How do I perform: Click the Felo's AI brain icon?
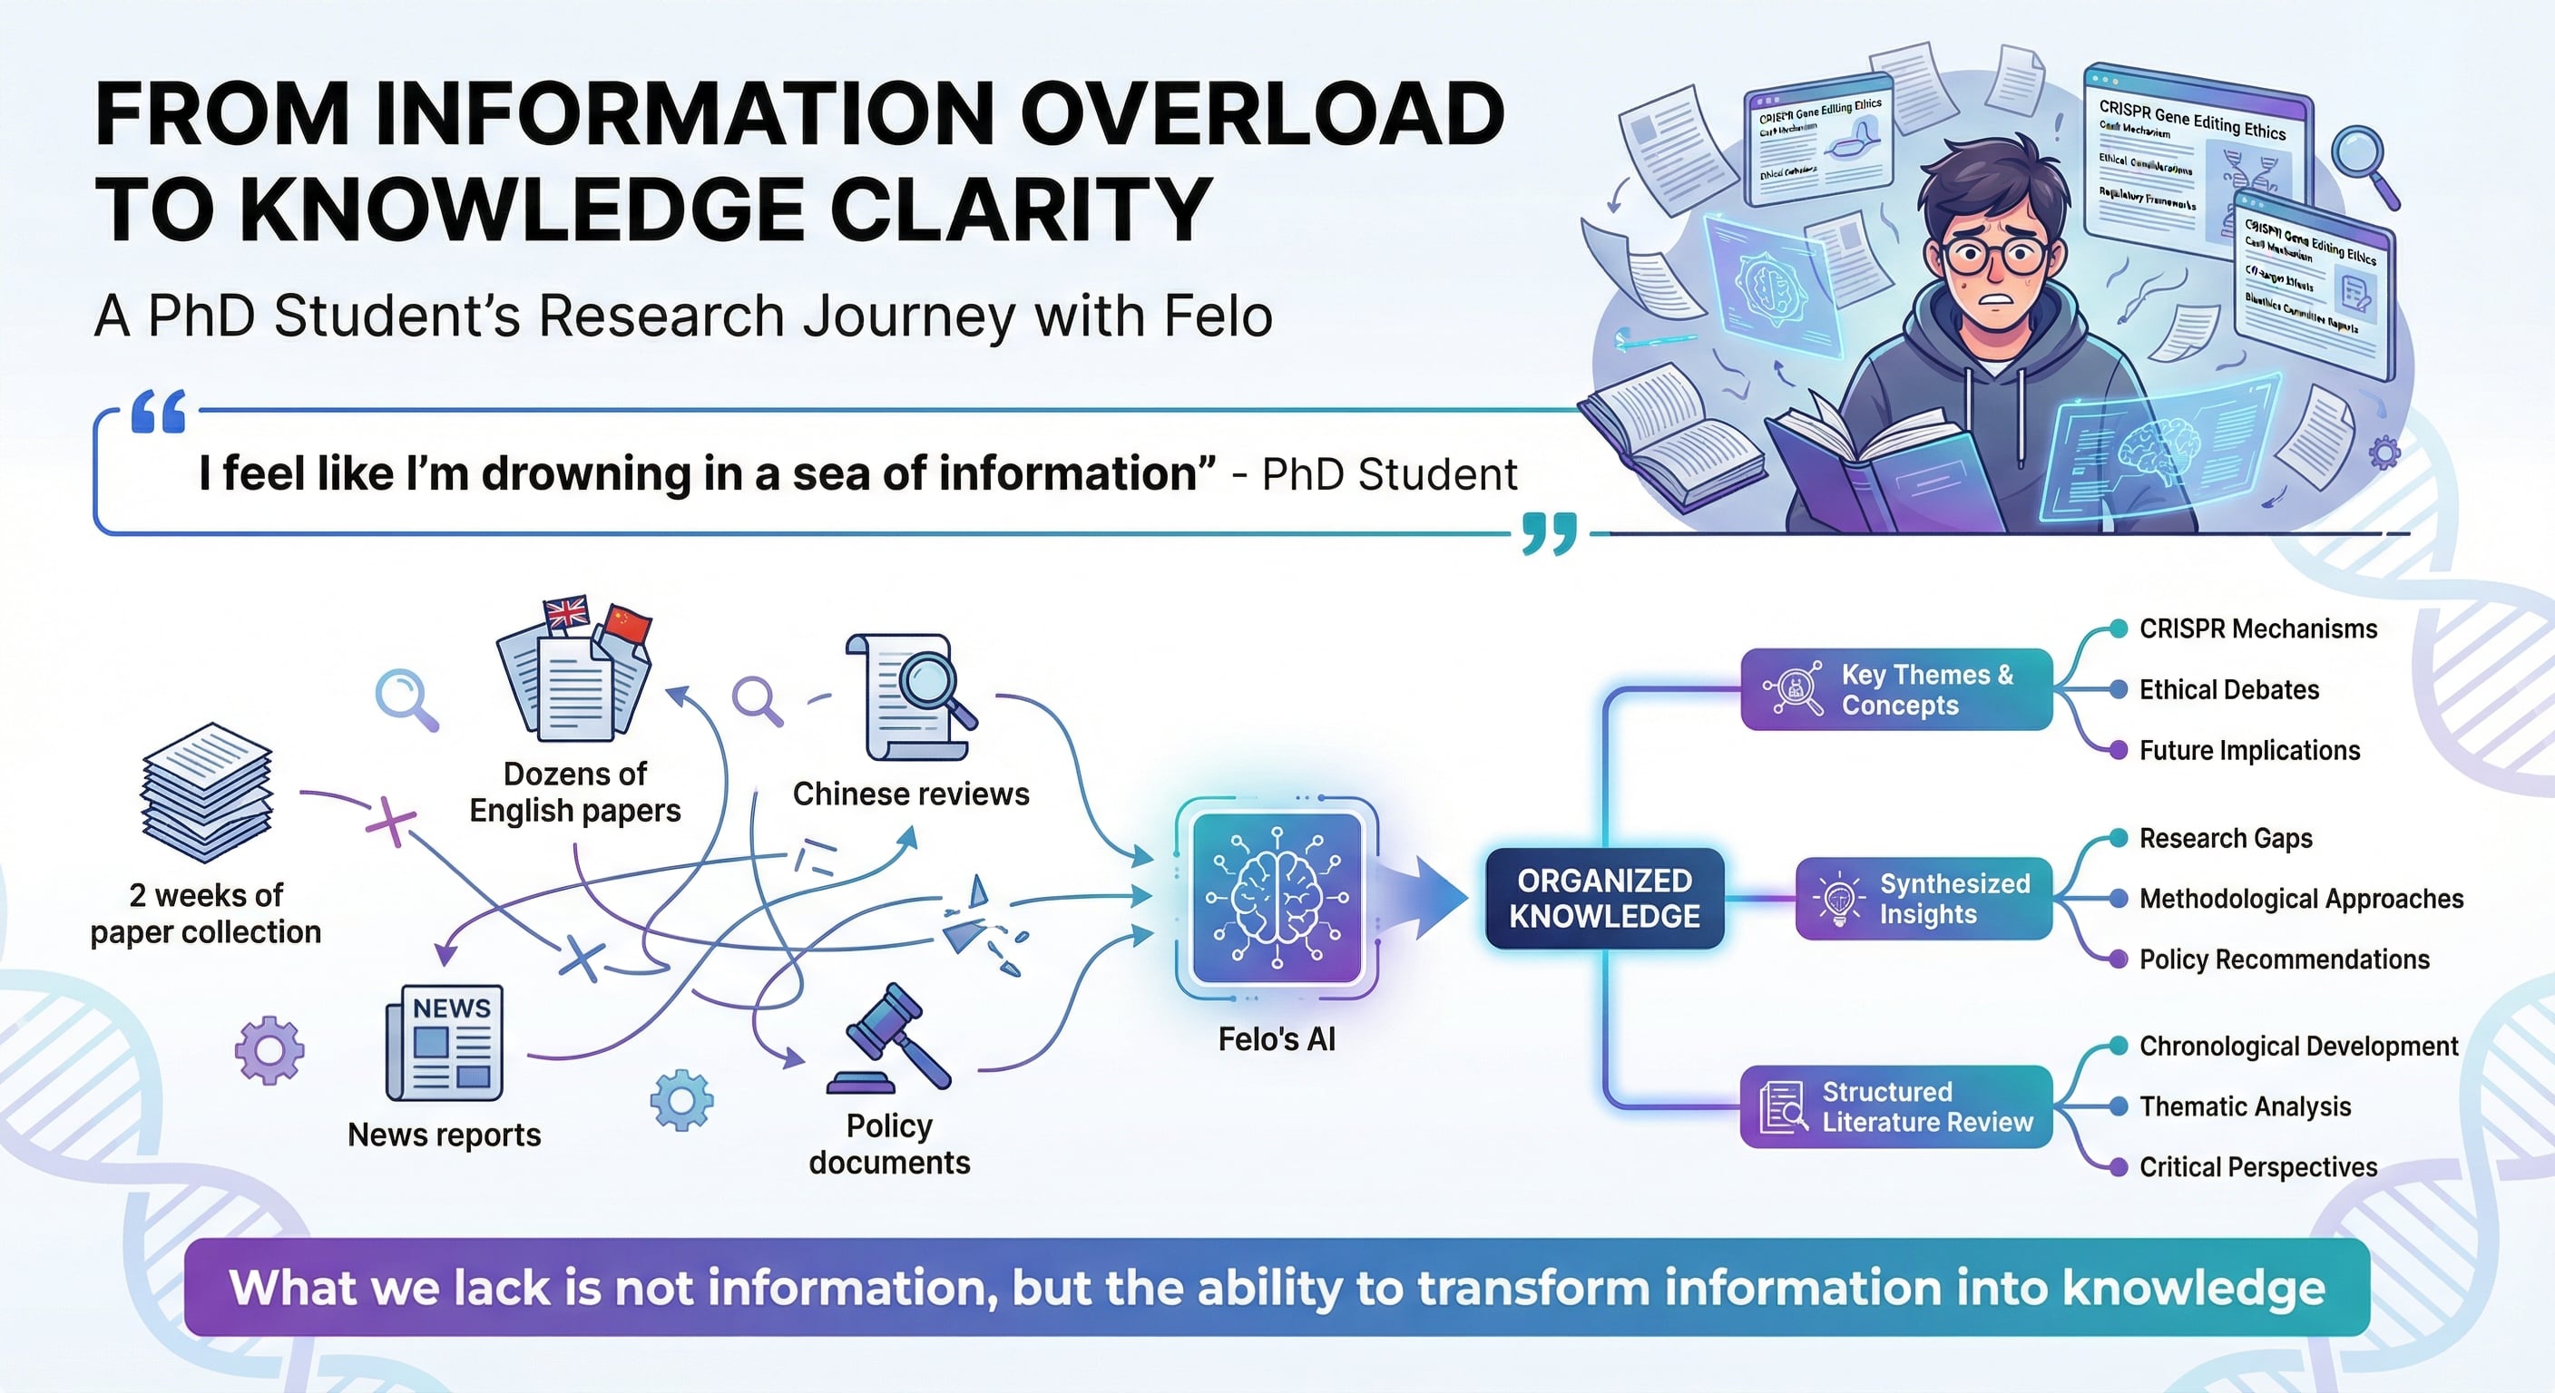pos(1277,897)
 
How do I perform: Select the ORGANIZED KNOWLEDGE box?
pos(1604,898)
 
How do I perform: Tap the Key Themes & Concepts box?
pos(1895,690)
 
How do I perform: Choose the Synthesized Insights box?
pos(1924,898)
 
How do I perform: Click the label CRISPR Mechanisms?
pos(2257,628)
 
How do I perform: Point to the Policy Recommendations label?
pos(2283,960)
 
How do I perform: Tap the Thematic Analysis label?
pos(2245,1106)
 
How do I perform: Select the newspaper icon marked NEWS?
pos(445,1043)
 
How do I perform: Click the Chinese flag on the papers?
pos(627,625)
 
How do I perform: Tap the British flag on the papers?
pos(567,613)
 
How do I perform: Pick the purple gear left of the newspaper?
pos(269,1050)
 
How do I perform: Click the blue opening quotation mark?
pos(159,412)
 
